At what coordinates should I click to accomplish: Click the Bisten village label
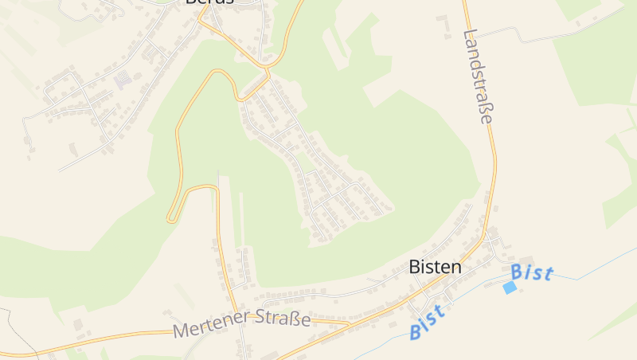click(x=435, y=267)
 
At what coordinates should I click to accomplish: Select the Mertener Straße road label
click(x=241, y=323)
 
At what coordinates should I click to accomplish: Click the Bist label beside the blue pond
click(x=531, y=272)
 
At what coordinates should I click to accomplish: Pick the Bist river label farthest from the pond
click(x=427, y=321)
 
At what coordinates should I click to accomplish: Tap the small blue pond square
click(x=510, y=288)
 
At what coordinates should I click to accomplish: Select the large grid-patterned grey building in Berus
click(x=123, y=80)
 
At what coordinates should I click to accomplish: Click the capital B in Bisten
click(x=414, y=267)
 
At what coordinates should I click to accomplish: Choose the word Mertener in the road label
click(x=209, y=327)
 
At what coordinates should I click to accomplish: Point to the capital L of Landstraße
click(x=469, y=36)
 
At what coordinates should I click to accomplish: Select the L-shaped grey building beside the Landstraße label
click(x=440, y=18)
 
